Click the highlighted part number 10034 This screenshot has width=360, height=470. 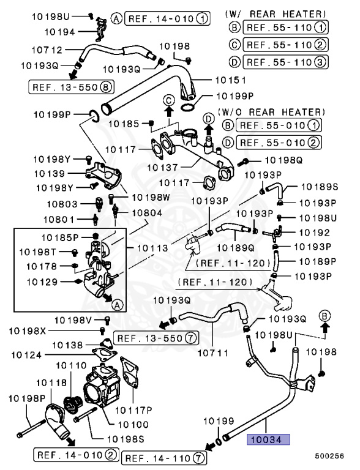tap(268, 439)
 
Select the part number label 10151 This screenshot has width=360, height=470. tap(231, 80)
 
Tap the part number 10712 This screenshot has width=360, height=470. tap(47, 50)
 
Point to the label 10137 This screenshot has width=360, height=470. tap(162, 167)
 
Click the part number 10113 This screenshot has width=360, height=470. tap(152, 248)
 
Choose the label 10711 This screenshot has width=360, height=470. tap(212, 353)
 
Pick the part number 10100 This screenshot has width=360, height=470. tap(133, 425)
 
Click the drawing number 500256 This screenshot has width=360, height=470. tap(329, 456)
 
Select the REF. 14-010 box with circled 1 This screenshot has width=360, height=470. tap(167, 19)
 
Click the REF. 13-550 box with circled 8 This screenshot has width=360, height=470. tap(71, 88)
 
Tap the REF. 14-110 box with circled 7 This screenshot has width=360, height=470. tap(164, 458)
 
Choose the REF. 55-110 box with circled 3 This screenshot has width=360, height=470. tap(285, 62)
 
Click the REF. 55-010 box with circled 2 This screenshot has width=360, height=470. tap(279, 143)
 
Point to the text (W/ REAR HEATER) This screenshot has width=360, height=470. tap(276, 14)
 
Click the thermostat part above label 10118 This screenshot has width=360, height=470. tap(73, 405)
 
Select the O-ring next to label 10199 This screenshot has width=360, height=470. tap(219, 442)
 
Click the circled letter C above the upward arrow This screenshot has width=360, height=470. tap(169, 100)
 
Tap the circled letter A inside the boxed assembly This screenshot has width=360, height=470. tap(118, 305)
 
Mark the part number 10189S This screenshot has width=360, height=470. tap(320, 187)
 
